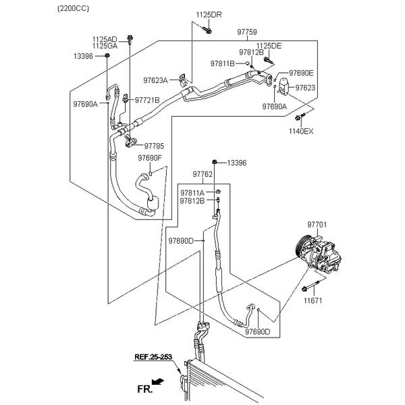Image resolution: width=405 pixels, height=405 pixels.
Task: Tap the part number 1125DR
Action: [208, 14]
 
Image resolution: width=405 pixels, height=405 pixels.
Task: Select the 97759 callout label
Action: [247, 32]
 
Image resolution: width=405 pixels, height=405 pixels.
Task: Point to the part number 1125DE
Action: [269, 45]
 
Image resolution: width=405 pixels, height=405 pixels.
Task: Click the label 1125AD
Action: [105, 38]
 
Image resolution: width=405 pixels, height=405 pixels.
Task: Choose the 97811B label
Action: [222, 63]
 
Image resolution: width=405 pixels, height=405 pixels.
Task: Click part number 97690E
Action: [301, 72]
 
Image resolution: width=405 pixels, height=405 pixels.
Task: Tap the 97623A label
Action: [155, 80]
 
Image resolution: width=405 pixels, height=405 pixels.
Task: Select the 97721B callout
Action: [147, 100]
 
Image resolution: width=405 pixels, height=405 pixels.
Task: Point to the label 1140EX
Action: [302, 131]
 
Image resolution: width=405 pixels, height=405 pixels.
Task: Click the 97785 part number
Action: [154, 146]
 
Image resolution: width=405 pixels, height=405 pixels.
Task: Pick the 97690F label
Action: [150, 158]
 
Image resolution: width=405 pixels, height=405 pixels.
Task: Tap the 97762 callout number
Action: [202, 174]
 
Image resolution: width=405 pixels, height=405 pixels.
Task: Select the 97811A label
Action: [192, 192]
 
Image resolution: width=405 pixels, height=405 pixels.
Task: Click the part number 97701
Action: [317, 224]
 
